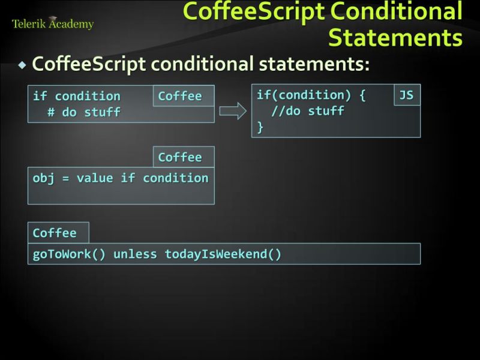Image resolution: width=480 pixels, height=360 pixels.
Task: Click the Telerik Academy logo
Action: pyautogui.click(x=53, y=24)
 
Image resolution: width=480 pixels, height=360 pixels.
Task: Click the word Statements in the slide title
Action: pyautogui.click(x=395, y=37)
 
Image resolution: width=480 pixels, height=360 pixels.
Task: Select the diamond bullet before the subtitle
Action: pyautogui.click(x=22, y=64)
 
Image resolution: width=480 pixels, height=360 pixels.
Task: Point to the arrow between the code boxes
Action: pyautogui.click(x=233, y=111)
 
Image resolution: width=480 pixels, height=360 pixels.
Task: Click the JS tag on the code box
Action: pyautogui.click(x=406, y=95)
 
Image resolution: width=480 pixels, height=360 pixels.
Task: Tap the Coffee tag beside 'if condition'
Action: pyautogui.click(x=180, y=96)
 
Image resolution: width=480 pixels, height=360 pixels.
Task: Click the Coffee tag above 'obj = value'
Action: pyautogui.click(x=180, y=157)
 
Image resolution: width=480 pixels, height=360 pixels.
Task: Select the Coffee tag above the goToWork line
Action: pyautogui.click(x=55, y=233)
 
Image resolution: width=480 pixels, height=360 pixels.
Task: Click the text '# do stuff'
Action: pyautogui.click(x=84, y=112)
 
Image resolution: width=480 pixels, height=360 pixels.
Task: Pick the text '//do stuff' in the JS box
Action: pyautogui.click(x=307, y=111)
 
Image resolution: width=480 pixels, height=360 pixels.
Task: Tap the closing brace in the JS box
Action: pyautogui.click(x=260, y=127)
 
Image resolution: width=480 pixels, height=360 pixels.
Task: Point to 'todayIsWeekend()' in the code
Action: pyautogui.click(x=223, y=254)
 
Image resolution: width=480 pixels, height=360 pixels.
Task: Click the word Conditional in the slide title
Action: pyautogui.click(x=399, y=11)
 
